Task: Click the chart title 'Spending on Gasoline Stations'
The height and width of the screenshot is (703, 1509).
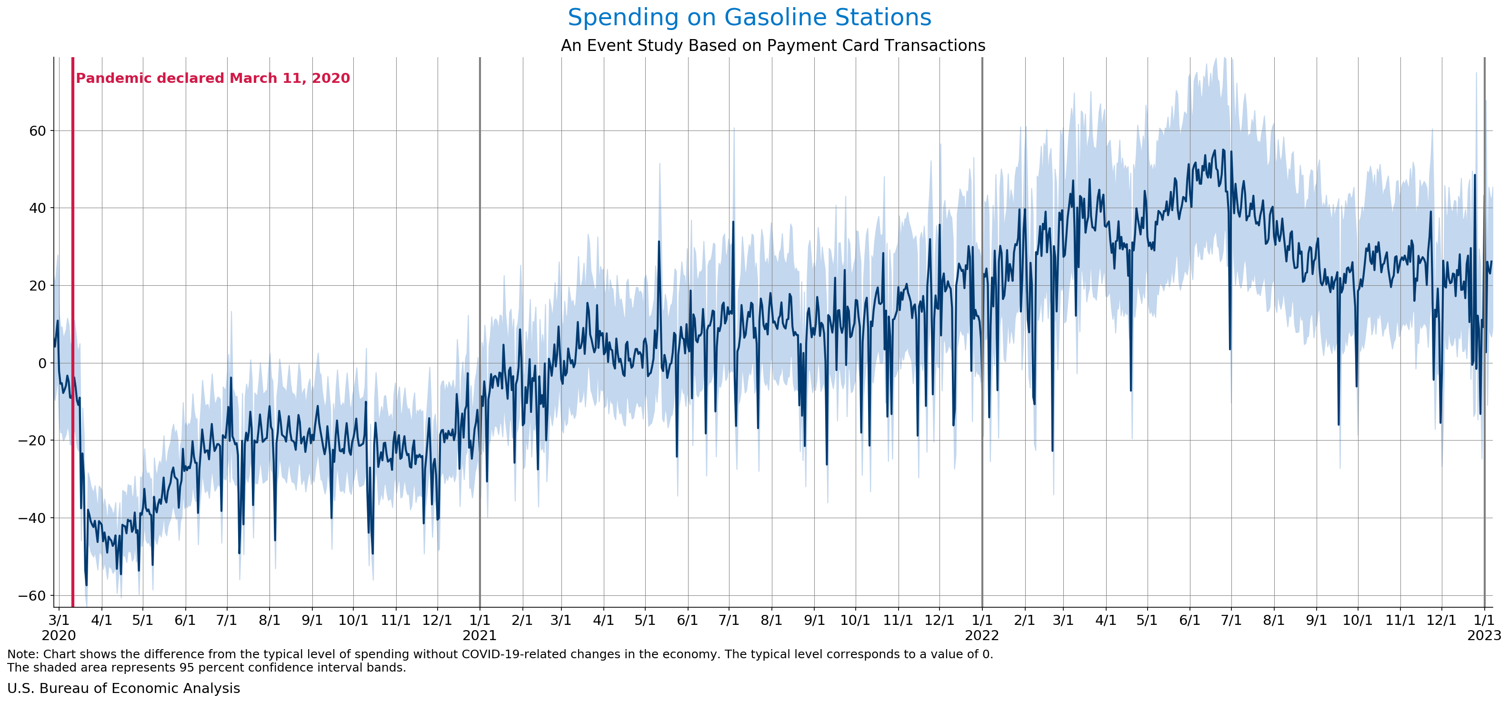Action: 749,18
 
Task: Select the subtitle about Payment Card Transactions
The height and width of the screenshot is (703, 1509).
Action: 773,46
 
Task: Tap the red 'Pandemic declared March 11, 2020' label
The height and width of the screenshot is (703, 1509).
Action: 213,79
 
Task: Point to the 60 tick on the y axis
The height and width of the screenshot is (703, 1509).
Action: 38,131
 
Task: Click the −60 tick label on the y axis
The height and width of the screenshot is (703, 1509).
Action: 33,596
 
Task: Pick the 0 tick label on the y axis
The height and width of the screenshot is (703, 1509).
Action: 42,363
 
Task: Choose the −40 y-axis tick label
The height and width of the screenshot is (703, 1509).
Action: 33,518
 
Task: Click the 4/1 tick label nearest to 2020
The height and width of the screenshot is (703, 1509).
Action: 102,620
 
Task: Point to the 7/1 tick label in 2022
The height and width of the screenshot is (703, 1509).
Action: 1231,620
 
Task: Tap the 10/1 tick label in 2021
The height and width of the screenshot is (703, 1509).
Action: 855,620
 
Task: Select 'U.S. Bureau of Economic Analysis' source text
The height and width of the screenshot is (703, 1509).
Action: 124,688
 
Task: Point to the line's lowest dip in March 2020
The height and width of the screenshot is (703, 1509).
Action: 86,585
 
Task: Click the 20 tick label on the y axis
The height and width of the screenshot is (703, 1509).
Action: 38,286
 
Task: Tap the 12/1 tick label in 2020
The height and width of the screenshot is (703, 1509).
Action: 437,620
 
